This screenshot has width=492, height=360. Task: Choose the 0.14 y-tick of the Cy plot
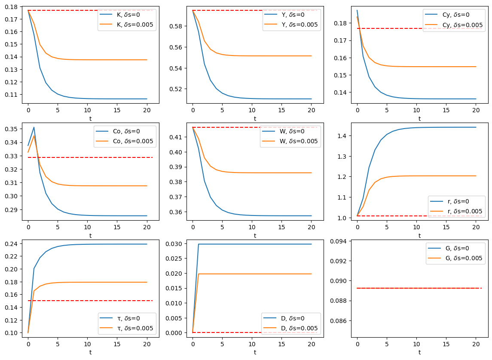[343, 92]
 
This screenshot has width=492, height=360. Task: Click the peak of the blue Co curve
[34, 127]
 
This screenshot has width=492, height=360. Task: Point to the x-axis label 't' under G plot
[419, 352]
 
